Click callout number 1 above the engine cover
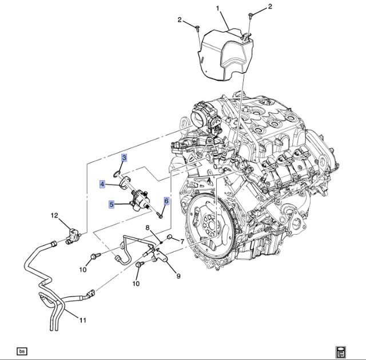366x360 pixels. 217,9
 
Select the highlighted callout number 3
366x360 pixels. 124,158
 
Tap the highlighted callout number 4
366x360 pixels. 102,184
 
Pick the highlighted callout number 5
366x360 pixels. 112,204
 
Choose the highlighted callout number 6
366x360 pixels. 166,201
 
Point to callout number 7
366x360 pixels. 182,242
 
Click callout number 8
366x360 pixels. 148,228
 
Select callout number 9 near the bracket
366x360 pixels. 178,276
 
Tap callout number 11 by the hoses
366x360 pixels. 83,320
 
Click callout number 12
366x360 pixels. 54,215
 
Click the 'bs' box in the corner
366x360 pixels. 22,351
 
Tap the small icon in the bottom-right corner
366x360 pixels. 341,353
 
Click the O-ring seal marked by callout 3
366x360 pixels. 116,174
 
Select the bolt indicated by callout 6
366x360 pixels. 160,215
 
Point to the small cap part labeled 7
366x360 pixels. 170,238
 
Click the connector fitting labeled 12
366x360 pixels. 73,236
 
